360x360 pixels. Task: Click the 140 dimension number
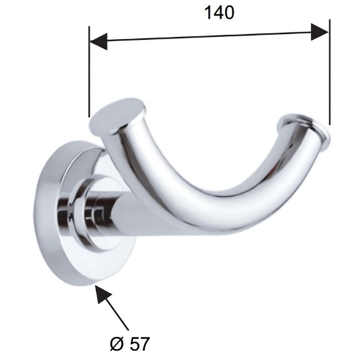[219, 13]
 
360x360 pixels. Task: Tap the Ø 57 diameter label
[130, 344]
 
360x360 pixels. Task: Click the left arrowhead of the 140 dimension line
[99, 41]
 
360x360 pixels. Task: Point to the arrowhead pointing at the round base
[104, 295]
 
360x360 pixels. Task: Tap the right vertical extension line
[330, 72]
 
